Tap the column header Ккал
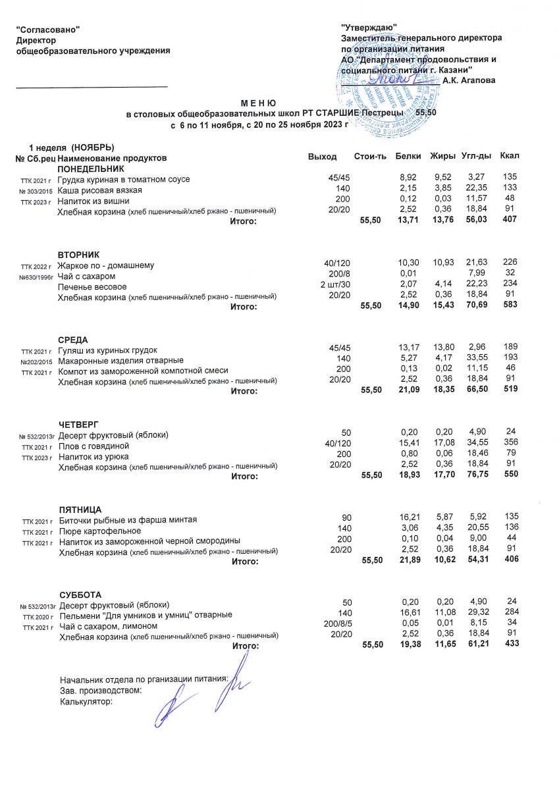pyautogui.click(x=510, y=156)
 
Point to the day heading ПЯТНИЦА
pyautogui.click(x=80, y=510)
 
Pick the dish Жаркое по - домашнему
pyautogui.click(x=106, y=265)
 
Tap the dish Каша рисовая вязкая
pyautogui.click(x=99, y=190)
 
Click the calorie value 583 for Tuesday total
pyautogui.click(x=510, y=305)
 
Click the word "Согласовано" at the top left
pyautogui.click(x=48, y=30)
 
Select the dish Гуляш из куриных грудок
pyautogui.click(x=108, y=350)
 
